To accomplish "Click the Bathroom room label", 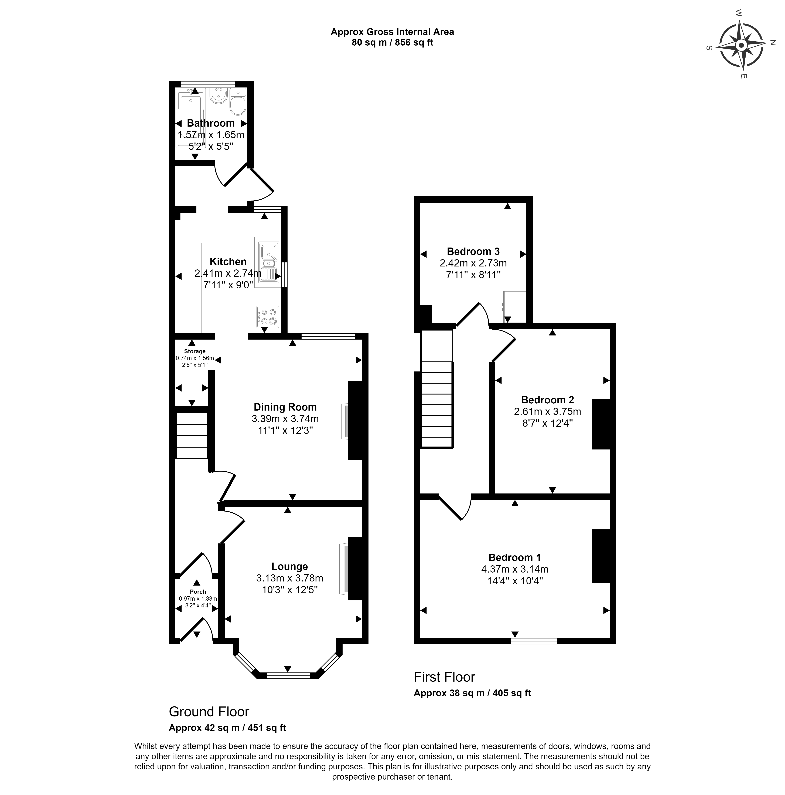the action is pyautogui.click(x=211, y=123).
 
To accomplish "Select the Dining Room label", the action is pyautogui.click(x=285, y=407).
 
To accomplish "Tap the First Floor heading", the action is pyautogui.click(x=444, y=677).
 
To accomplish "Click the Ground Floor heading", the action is pyautogui.click(x=209, y=711).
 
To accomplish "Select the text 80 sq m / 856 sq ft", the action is pyautogui.click(x=392, y=42).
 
